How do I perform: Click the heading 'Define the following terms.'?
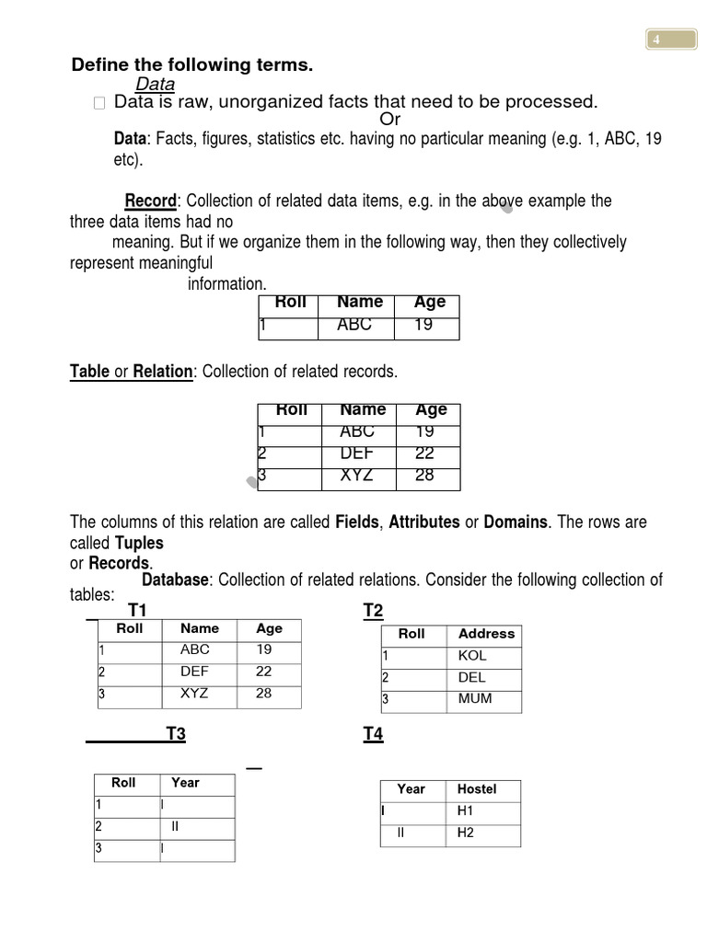192,64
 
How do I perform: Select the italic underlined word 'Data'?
155,85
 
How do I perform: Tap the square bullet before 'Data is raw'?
99,104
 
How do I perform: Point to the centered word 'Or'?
390,120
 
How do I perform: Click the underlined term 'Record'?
150,201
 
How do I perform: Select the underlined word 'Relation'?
163,372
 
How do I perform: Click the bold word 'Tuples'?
139,543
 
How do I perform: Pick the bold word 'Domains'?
516,522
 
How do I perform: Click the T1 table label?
138,610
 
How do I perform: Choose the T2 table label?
373,611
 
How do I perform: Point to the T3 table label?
176,733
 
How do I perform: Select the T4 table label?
373,733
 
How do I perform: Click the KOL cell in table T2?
472,656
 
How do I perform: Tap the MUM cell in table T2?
475,698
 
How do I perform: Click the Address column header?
486,633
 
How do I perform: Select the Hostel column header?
476,788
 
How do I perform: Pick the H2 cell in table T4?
465,833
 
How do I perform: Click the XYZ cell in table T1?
194,693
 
